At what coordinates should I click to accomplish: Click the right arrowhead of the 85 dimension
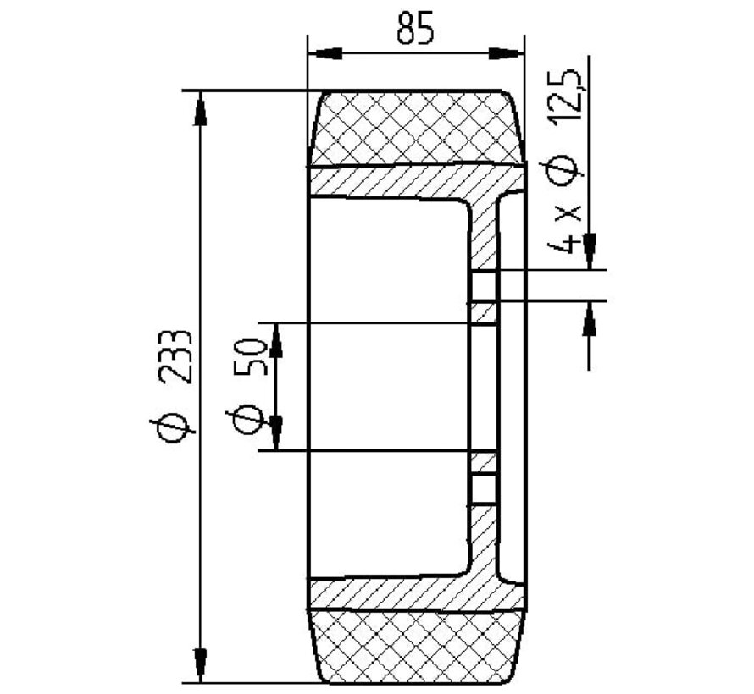click(507, 53)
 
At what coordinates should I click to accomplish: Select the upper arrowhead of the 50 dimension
click(276, 339)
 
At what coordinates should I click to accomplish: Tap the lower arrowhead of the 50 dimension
click(276, 433)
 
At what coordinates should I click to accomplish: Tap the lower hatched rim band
click(398, 594)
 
